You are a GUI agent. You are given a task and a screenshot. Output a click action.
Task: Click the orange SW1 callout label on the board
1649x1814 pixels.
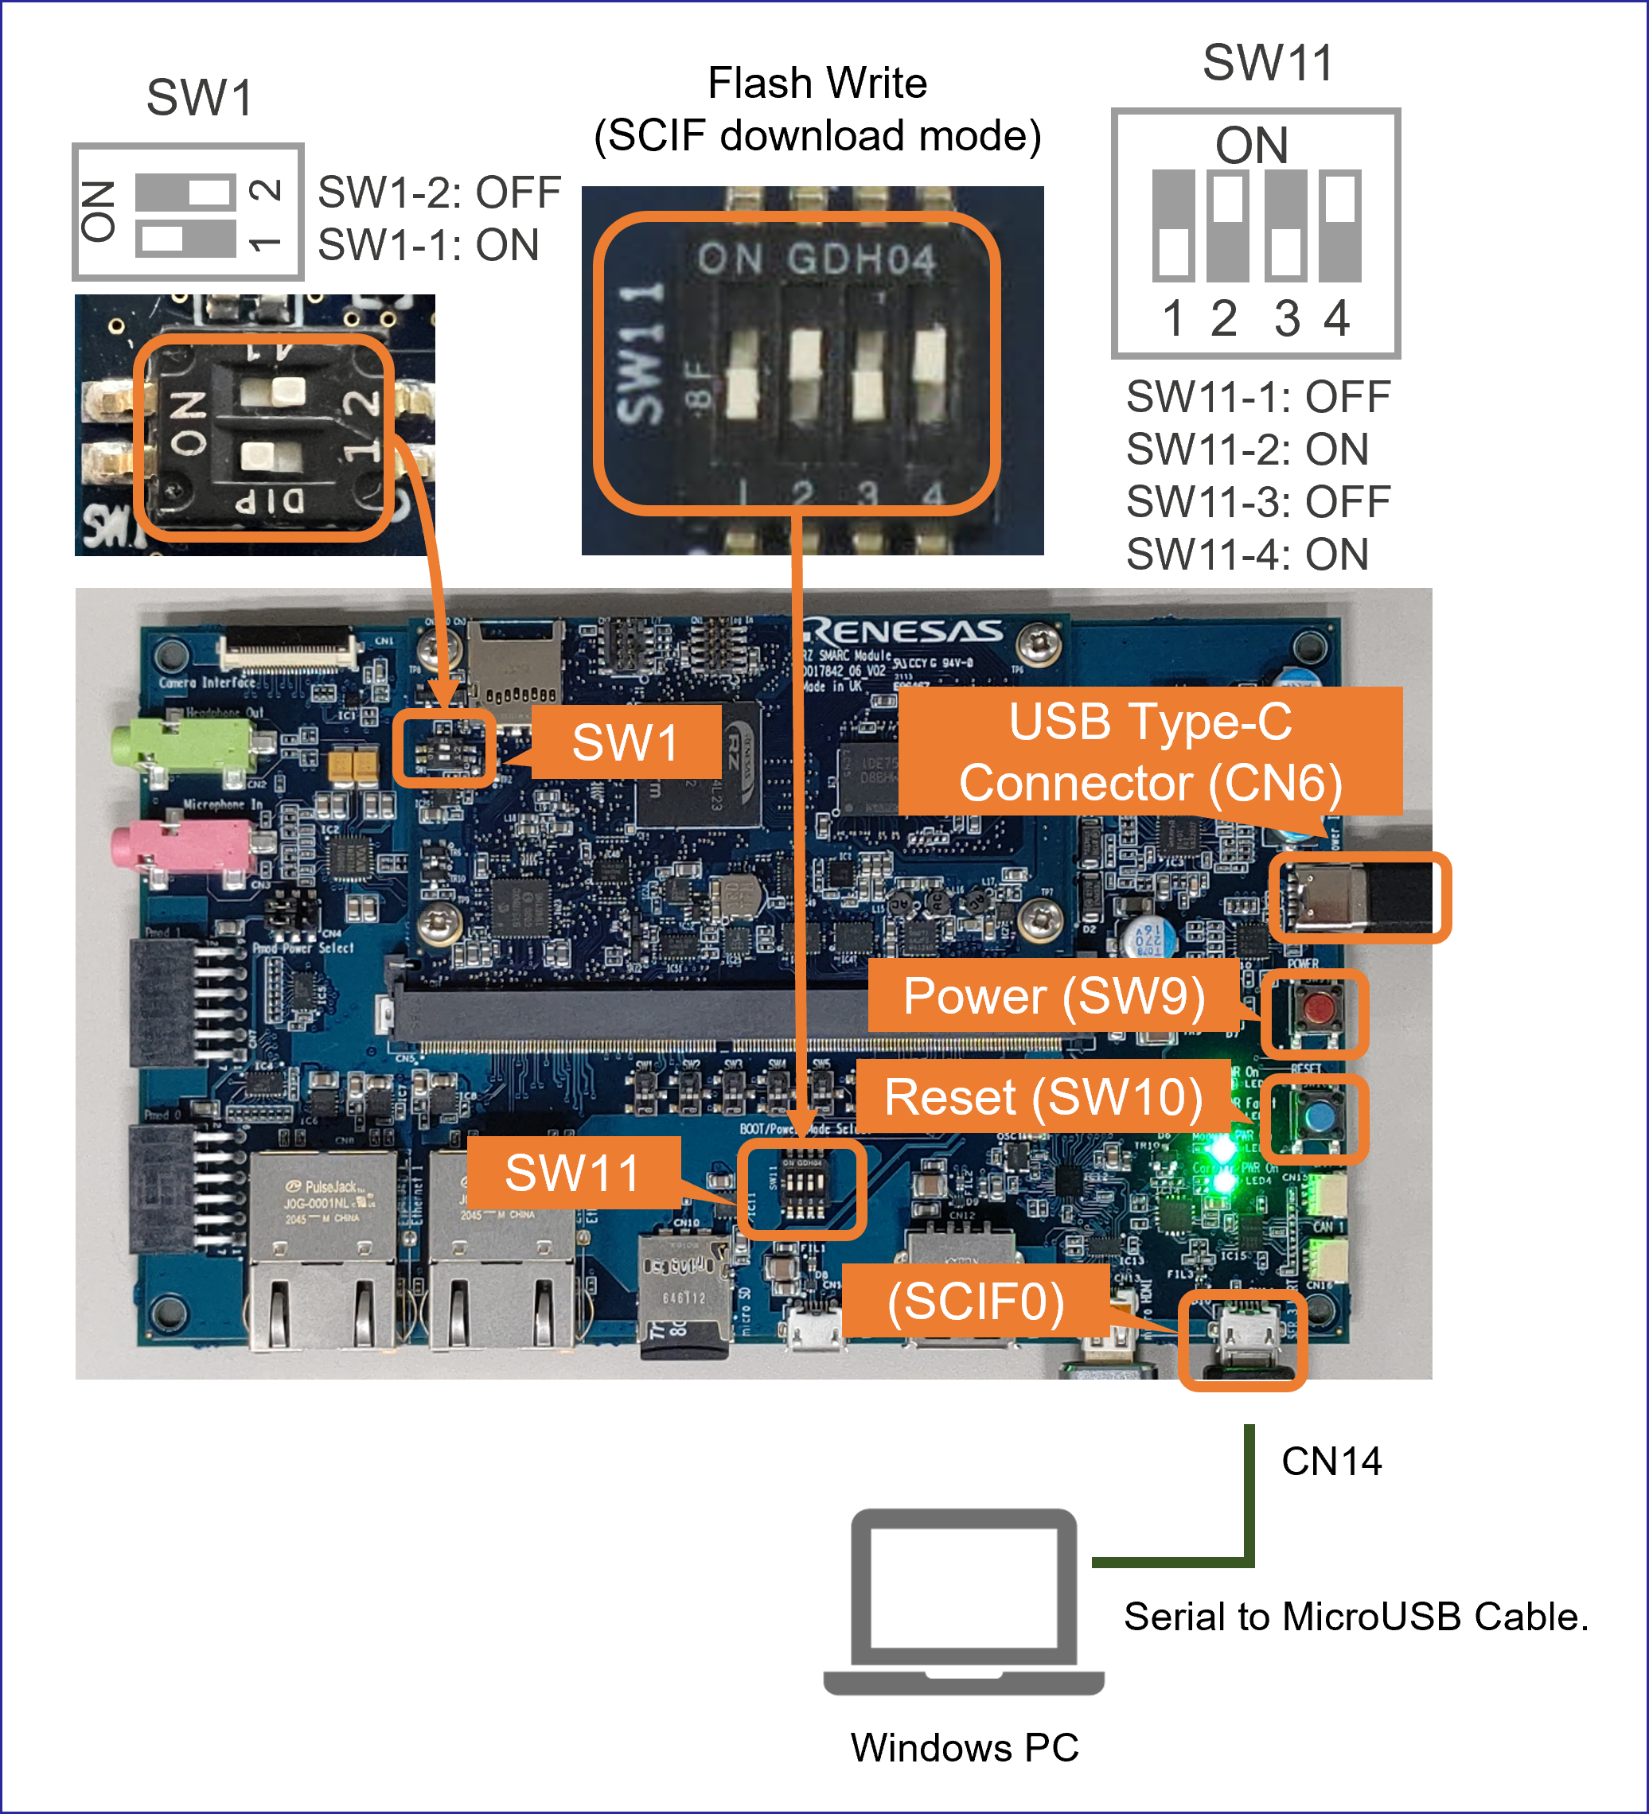coord(626,742)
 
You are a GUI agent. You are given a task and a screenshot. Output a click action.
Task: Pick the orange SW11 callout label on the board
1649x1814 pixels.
coord(573,1173)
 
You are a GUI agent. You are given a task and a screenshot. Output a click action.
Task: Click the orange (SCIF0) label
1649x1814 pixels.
coord(976,1301)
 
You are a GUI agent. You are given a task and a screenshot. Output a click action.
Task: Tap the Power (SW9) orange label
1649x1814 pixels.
coord(1053,996)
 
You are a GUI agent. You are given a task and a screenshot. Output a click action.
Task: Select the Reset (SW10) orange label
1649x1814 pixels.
coord(1043,1097)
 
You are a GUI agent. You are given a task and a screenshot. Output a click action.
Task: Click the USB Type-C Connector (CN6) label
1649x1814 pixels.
coord(1149,751)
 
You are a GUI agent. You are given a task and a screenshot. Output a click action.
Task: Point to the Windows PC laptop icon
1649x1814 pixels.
coord(963,1602)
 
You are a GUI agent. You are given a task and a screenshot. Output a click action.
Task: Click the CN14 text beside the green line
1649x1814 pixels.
coord(1331,1462)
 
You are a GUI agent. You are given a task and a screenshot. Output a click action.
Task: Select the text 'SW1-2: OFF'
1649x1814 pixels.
coord(439,193)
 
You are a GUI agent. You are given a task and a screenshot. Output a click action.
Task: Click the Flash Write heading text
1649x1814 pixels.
coord(817,84)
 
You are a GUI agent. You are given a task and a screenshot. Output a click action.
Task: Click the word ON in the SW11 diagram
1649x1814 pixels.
coord(1252,145)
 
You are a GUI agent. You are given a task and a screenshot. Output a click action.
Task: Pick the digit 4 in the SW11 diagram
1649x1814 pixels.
coord(1337,317)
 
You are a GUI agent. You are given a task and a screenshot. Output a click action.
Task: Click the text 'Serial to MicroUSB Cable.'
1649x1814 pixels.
coord(1355,1617)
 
